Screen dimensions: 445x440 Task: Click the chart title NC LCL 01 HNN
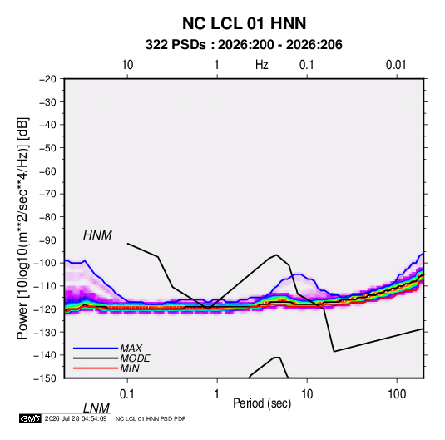pyautogui.click(x=244, y=23)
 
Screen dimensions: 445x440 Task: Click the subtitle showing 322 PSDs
pyautogui.click(x=244, y=45)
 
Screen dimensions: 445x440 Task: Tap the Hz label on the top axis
pyautogui.click(x=262, y=65)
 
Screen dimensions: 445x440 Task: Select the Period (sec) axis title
pyautogui.click(x=262, y=403)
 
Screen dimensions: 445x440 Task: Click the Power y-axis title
pyautogui.click(x=22, y=228)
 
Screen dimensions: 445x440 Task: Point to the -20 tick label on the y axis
pyautogui.click(x=47, y=79)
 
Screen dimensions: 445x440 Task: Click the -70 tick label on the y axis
pyautogui.click(x=47, y=194)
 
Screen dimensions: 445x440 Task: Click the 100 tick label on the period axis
pyautogui.click(x=397, y=394)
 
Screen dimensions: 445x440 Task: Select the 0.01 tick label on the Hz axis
pyautogui.click(x=396, y=65)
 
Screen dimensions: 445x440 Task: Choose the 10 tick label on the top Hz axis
pyautogui.click(x=127, y=65)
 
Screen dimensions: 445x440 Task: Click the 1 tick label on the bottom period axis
pyautogui.click(x=216, y=394)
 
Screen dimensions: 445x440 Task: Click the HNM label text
pyautogui.click(x=97, y=235)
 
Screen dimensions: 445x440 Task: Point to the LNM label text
pyautogui.click(x=96, y=408)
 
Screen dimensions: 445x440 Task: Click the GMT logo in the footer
pyautogui.click(x=30, y=418)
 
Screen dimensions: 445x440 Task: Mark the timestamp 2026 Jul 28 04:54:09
pyautogui.click(x=76, y=418)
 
